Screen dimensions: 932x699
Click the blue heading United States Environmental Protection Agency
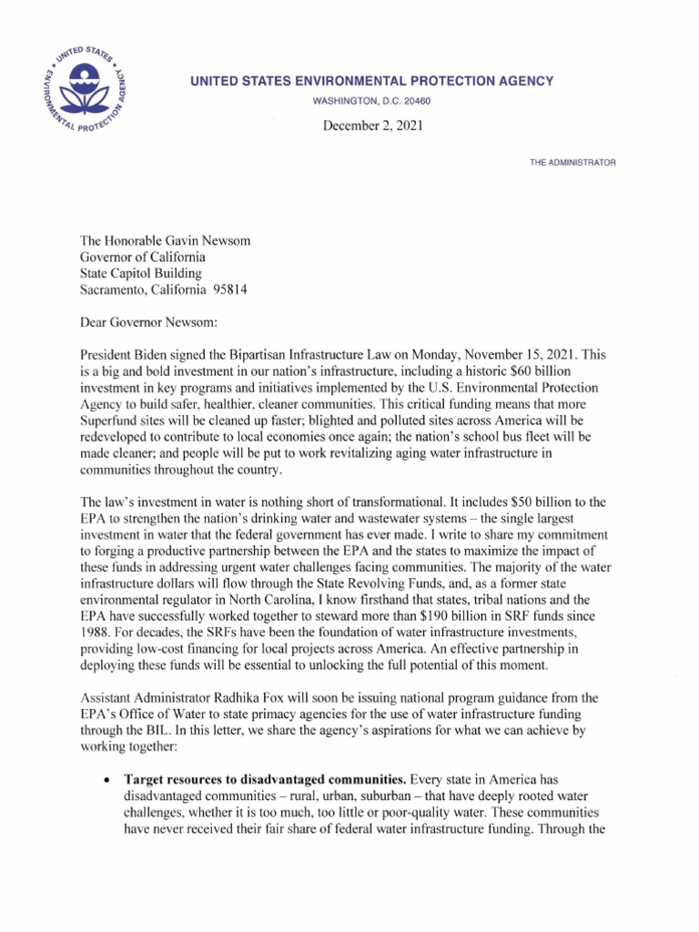(371, 81)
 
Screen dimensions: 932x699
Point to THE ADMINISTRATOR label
(572, 162)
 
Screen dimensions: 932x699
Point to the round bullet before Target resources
(108, 781)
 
